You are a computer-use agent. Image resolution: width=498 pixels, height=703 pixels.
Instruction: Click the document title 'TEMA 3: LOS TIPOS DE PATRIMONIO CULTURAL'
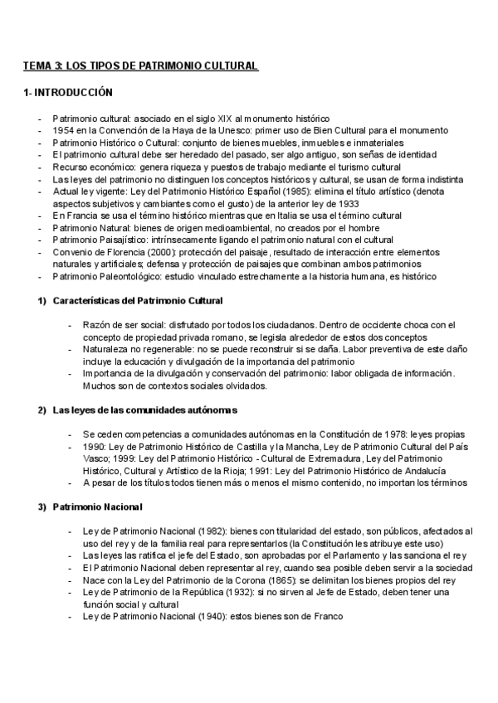[x=140, y=65]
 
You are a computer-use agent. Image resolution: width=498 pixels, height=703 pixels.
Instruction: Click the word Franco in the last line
[x=326, y=616]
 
